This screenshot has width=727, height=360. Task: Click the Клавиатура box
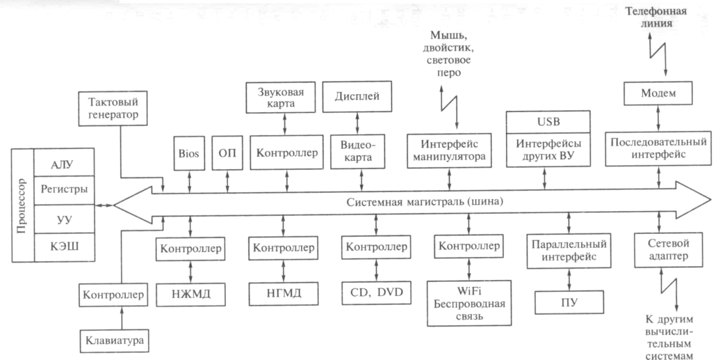point(115,340)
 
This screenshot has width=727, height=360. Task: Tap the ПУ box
point(569,302)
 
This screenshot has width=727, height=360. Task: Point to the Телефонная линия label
point(663,18)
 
